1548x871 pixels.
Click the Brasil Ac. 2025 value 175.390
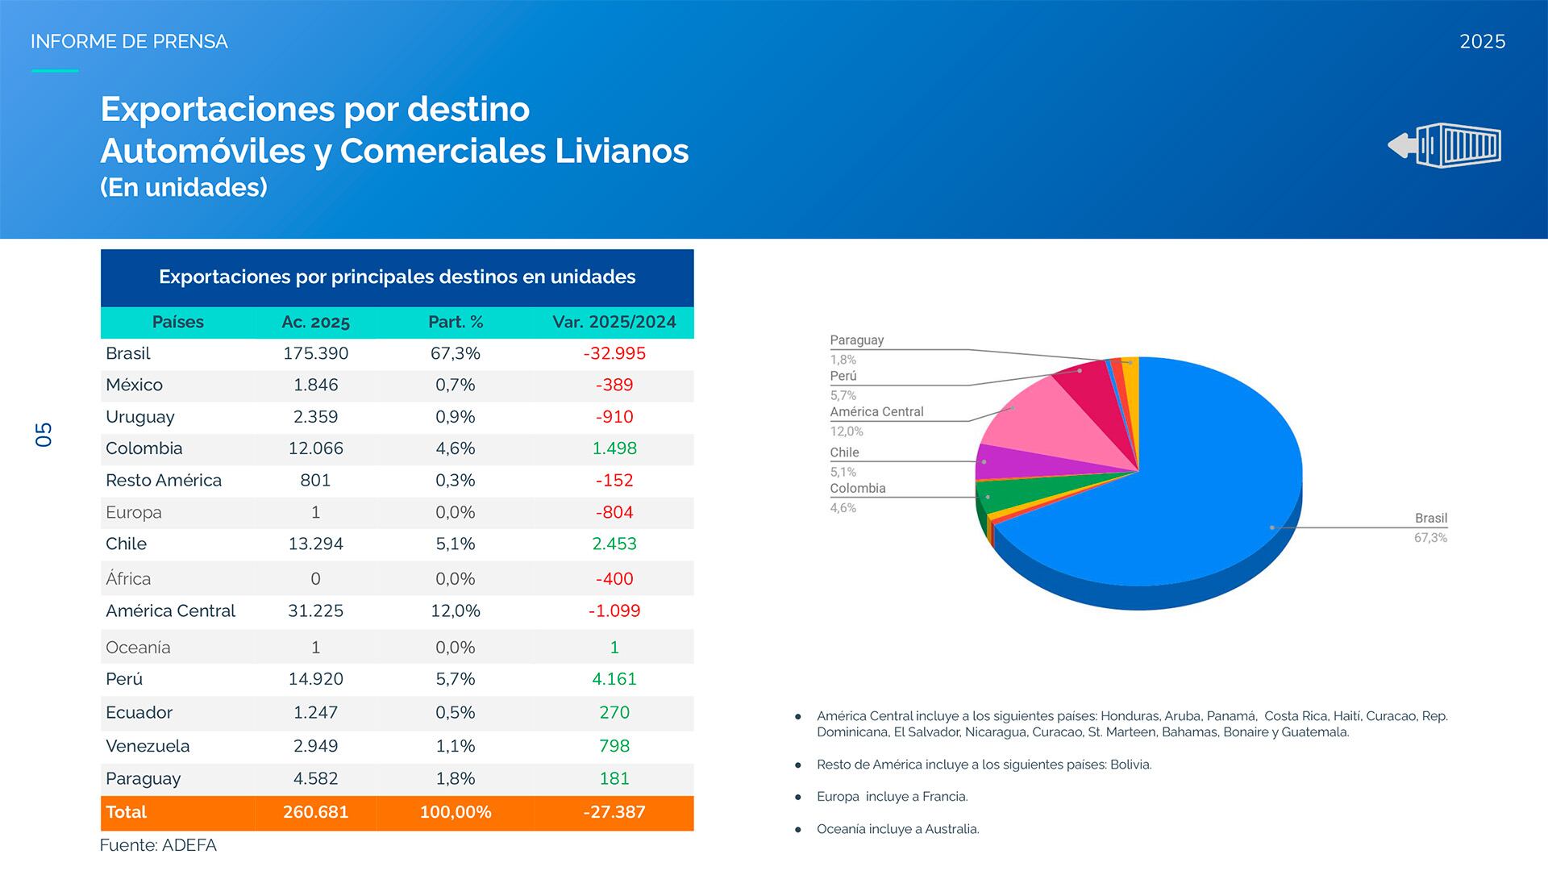315,353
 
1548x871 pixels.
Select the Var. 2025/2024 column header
614,322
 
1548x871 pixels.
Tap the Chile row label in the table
126,544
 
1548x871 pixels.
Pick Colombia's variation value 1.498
614,448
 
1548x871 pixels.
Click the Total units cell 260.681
315,812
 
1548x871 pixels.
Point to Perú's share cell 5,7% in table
455,679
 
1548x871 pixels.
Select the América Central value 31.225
315,611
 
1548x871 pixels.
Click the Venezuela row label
148,746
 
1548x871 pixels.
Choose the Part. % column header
455,322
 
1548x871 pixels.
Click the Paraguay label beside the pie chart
856,340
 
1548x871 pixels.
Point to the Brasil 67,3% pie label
1430,527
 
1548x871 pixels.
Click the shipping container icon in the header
1445,145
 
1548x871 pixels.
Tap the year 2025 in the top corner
1482,42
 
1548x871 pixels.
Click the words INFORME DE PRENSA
129,42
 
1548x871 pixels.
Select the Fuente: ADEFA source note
158,845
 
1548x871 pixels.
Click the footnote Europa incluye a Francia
892,797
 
